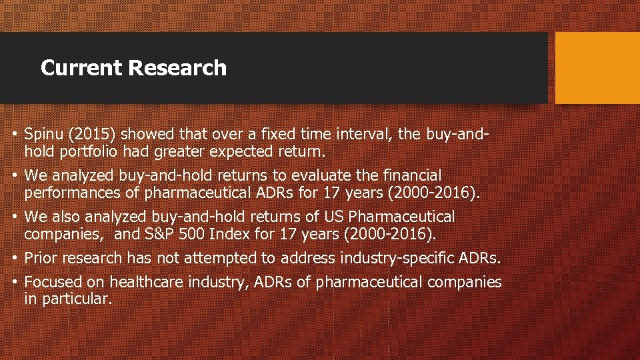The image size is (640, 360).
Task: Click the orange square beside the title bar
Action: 597,68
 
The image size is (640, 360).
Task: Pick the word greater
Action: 180,151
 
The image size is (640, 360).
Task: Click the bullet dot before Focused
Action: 15,282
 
